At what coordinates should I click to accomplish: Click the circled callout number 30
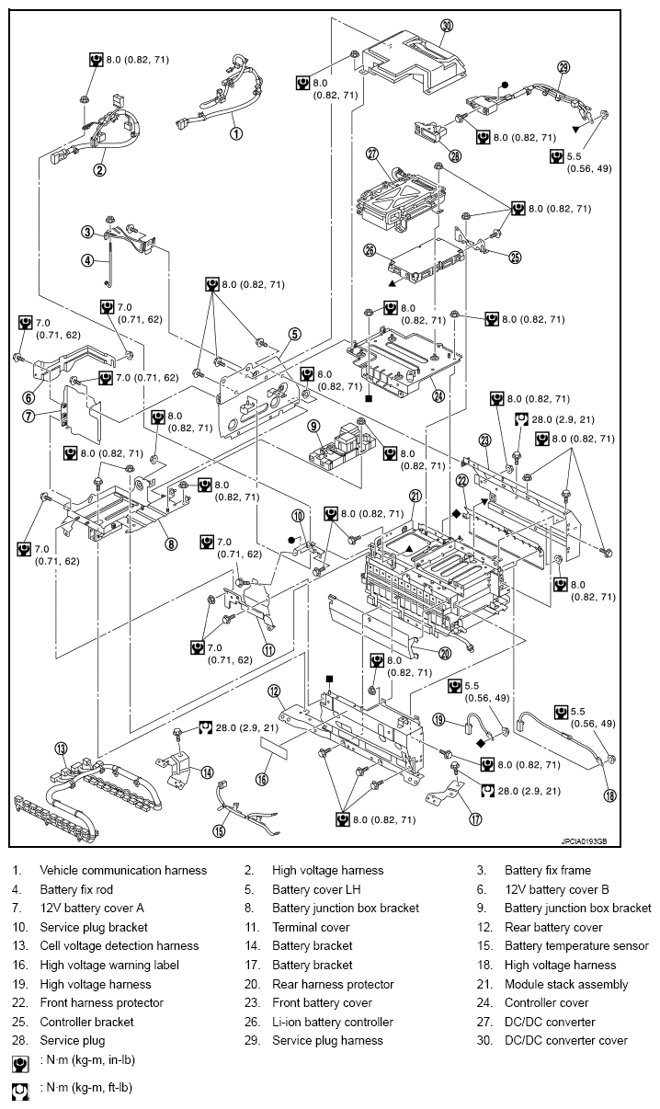coord(447,26)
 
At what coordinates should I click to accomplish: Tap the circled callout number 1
coord(236,132)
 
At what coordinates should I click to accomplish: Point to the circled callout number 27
coord(372,154)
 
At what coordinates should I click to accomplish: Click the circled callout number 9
coord(313,426)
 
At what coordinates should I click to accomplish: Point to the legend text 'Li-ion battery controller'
coord(332,1022)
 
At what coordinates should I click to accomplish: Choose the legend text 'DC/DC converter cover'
coord(565,1040)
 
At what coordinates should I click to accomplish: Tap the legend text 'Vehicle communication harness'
coord(123,870)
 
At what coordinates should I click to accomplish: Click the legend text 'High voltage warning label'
coord(109,965)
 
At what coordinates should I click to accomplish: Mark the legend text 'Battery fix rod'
coord(74,889)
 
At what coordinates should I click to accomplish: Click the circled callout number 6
coord(28,398)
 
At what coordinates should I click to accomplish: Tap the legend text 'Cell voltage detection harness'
coord(119,945)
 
